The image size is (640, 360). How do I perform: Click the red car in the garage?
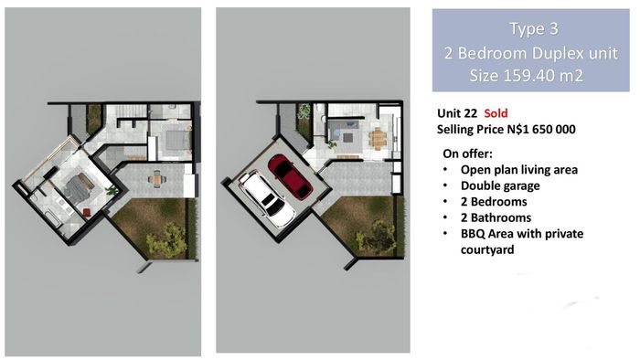(290, 176)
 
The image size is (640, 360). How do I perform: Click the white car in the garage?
(267, 198)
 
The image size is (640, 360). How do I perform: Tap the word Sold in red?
(496, 113)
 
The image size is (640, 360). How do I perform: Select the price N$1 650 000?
(541, 129)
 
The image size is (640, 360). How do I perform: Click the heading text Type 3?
(533, 29)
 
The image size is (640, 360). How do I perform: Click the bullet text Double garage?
(500, 185)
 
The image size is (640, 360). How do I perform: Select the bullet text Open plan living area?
(519, 170)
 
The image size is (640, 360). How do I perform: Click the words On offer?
(468, 154)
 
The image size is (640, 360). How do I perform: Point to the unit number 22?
(471, 113)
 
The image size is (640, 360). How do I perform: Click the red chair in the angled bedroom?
(87, 212)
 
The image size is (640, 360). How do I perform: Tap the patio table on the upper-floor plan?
(156, 179)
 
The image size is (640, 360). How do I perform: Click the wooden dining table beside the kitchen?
(378, 138)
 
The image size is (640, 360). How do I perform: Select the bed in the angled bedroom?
(80, 186)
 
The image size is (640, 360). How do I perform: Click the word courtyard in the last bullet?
(487, 249)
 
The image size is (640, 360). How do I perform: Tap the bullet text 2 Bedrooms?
(494, 202)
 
